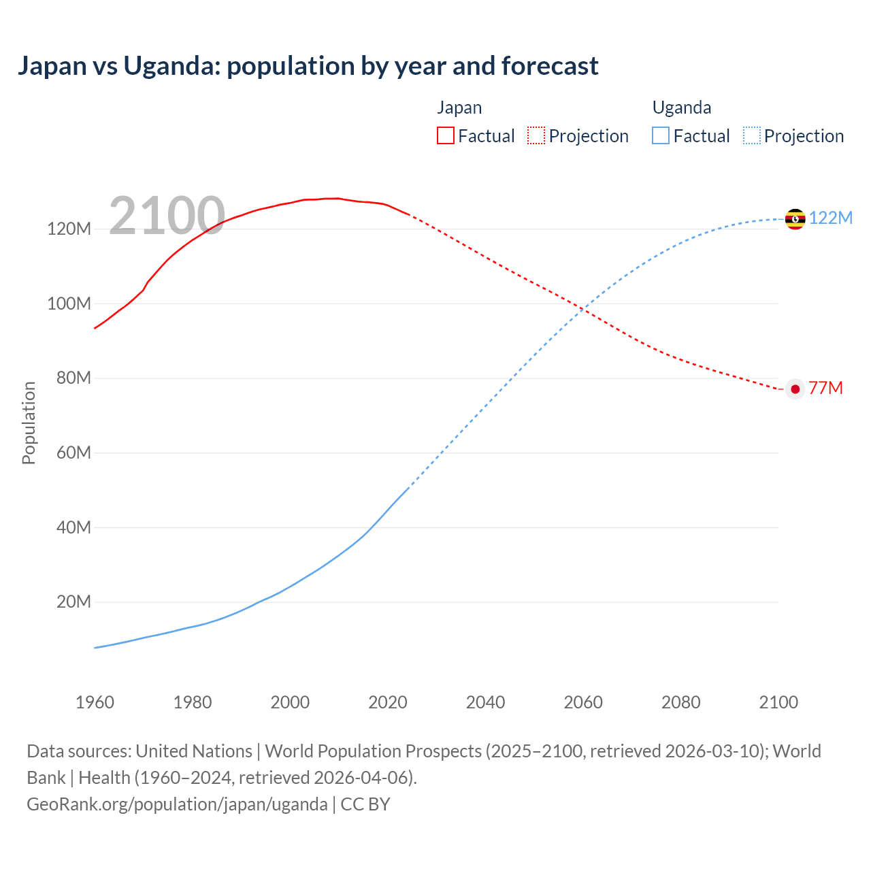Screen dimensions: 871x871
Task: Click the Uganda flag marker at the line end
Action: point(795,219)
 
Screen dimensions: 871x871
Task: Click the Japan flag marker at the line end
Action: point(795,389)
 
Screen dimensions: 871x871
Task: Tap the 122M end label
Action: point(830,218)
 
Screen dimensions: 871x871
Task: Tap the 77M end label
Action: point(825,388)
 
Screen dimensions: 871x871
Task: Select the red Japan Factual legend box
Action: point(445,136)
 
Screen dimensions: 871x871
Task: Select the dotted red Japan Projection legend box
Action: point(536,136)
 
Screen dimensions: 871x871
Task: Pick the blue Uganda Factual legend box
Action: point(661,136)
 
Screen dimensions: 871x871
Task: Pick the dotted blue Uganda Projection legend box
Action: point(752,136)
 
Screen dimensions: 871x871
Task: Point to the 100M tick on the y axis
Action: point(69,303)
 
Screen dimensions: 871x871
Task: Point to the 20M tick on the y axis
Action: point(73,602)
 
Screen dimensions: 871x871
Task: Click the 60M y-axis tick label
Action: point(73,453)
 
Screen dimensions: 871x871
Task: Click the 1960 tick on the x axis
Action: point(95,702)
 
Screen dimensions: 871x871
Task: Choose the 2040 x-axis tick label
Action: point(485,702)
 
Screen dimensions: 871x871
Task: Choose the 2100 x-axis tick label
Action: point(778,702)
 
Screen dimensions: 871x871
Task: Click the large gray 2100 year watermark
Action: point(167,216)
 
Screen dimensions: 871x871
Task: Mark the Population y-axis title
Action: point(29,423)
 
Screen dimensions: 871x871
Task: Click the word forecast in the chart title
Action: point(550,66)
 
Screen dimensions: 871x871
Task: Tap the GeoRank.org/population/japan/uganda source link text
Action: point(177,804)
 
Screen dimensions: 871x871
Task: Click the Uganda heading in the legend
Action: point(682,108)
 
